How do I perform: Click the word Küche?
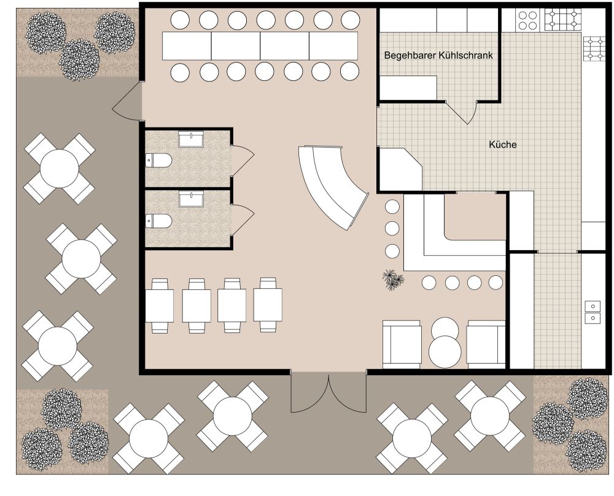tap(503, 145)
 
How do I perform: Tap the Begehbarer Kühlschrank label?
tap(438, 55)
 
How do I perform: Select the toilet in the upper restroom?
tap(158, 161)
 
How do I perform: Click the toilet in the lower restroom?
tap(158, 221)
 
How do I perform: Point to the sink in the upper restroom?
tap(191, 139)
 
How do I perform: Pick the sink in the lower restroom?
tap(191, 199)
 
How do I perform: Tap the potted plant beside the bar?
tap(393, 280)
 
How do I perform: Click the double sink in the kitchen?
tap(593, 311)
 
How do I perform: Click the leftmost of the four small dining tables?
tap(160, 305)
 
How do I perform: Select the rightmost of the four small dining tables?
tap(268, 305)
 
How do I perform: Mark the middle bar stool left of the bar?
tap(392, 228)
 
